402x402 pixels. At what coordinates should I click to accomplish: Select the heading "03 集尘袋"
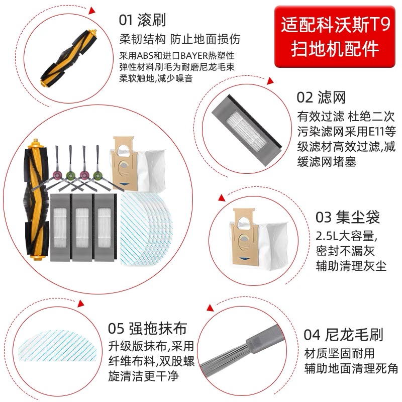click(x=347, y=217)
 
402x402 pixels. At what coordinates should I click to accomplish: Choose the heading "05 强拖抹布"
click(x=147, y=329)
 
